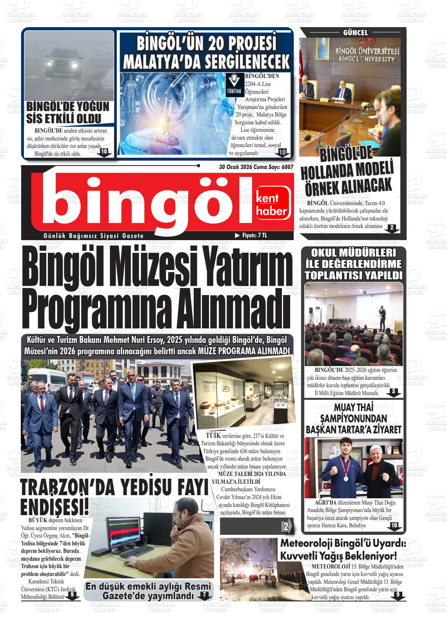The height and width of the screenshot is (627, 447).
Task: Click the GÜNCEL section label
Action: click(x=355, y=33)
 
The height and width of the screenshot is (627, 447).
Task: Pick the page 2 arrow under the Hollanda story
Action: click(x=392, y=228)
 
